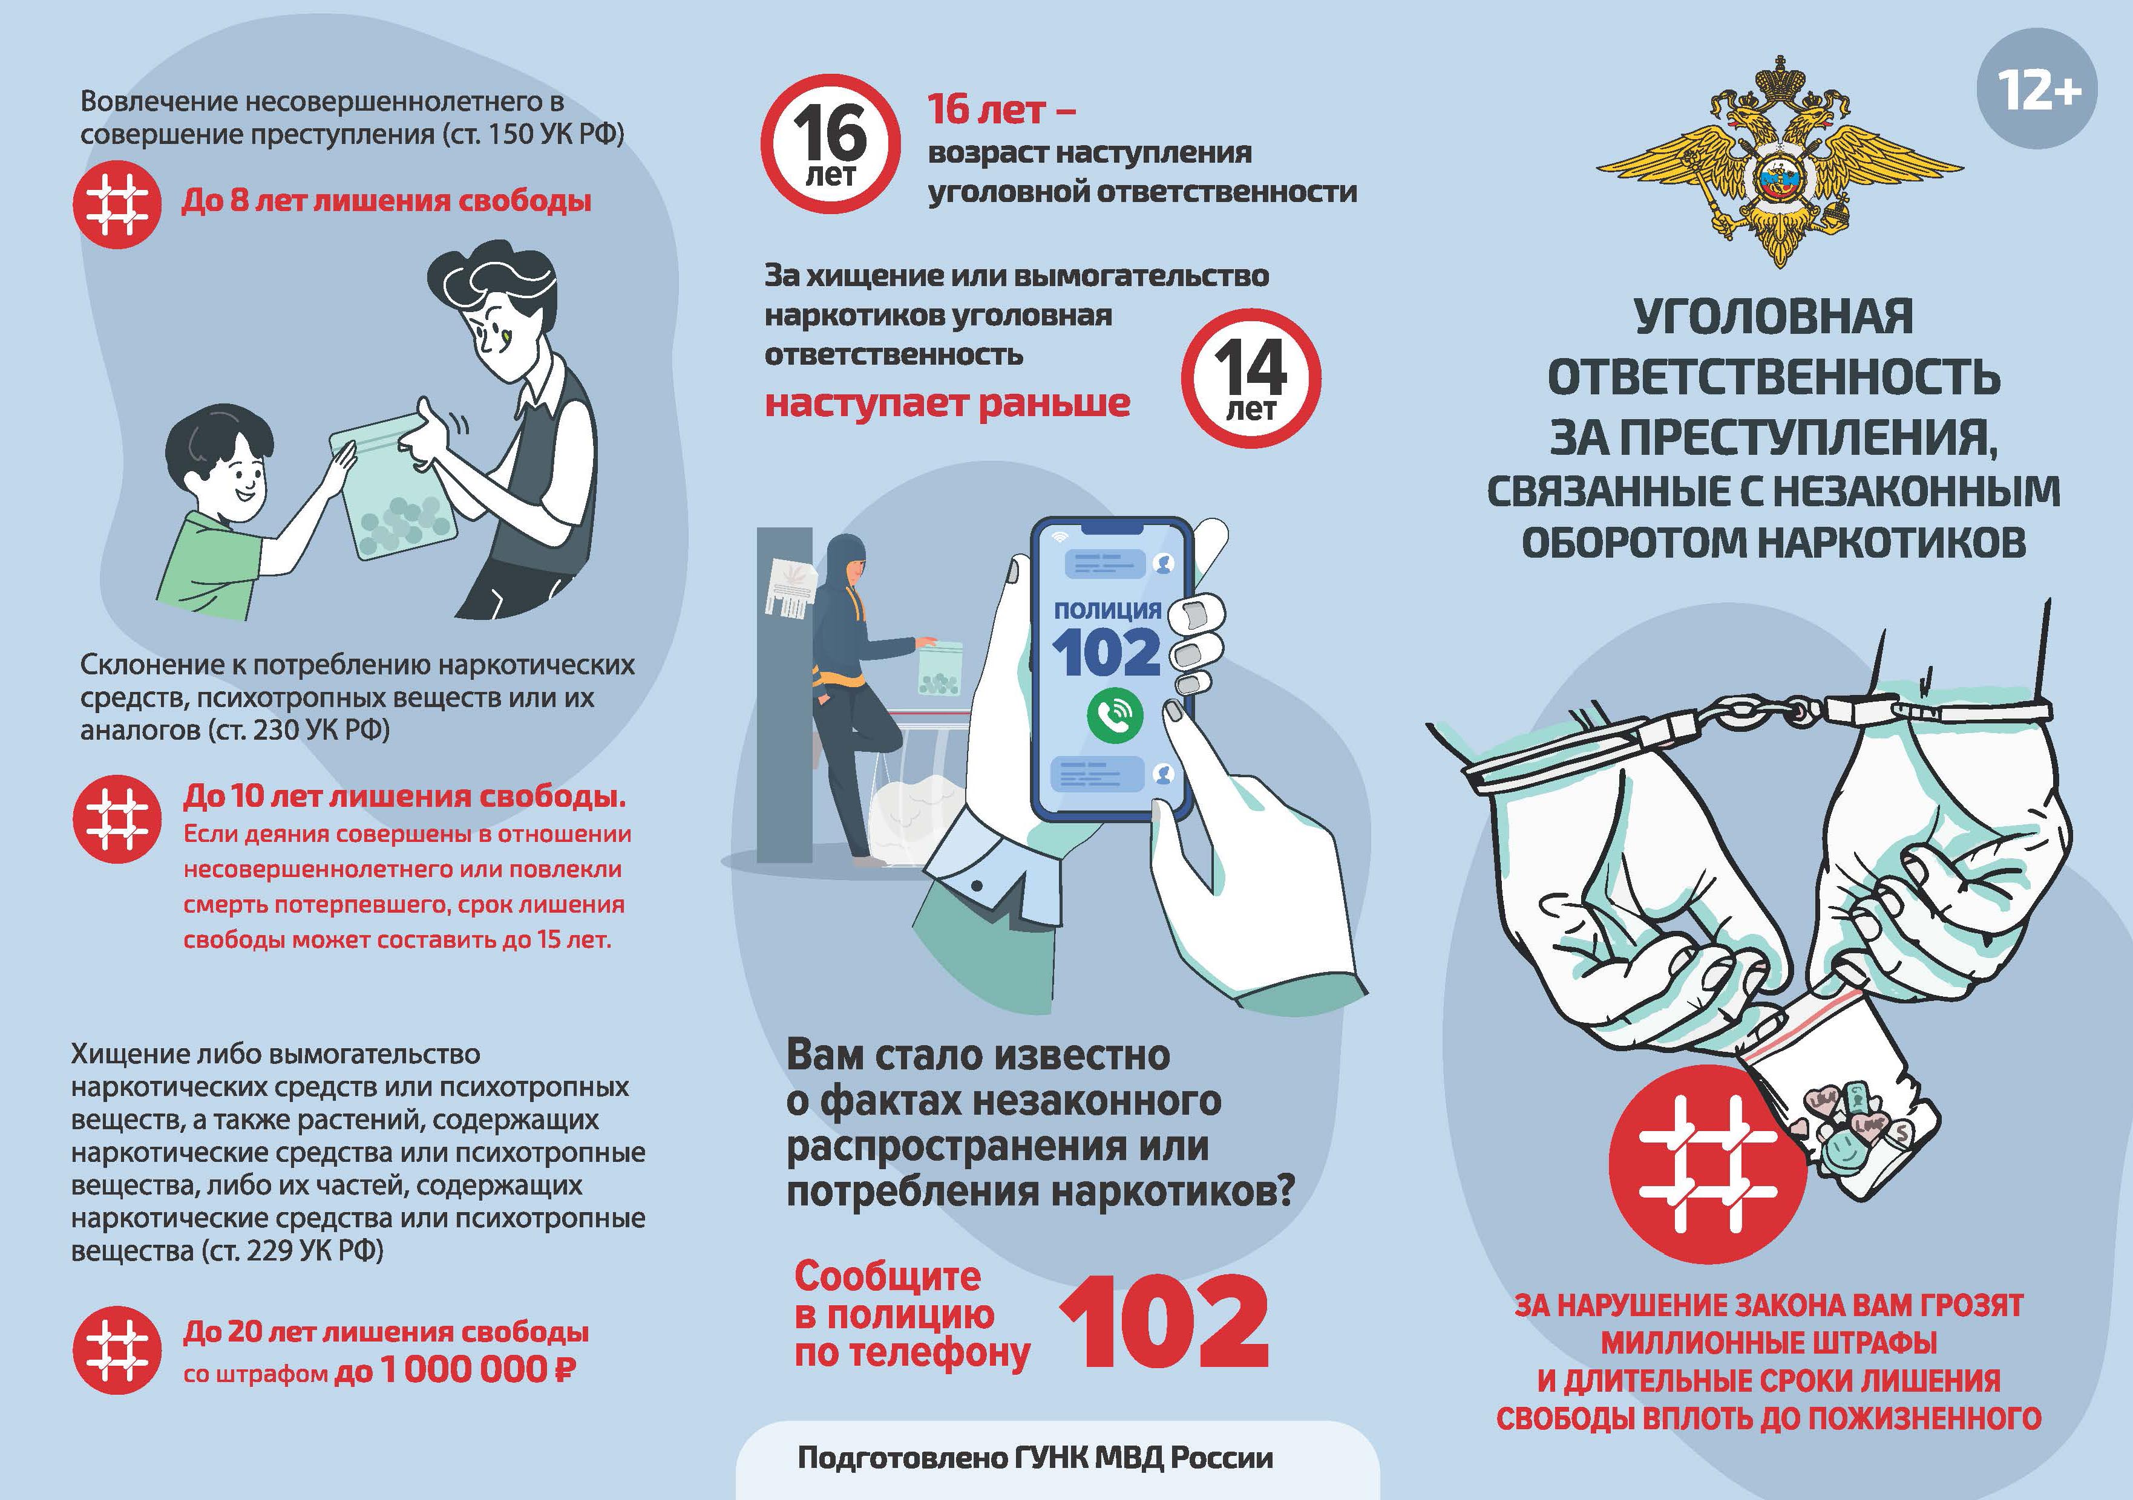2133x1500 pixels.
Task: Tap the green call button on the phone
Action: click(1115, 713)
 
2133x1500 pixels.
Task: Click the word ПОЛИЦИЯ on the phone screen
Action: click(1107, 610)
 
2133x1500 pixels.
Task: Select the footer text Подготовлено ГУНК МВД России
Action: click(1035, 1457)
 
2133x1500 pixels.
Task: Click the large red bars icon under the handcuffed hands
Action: click(1708, 1163)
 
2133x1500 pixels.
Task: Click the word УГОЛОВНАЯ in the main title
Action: click(1774, 317)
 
